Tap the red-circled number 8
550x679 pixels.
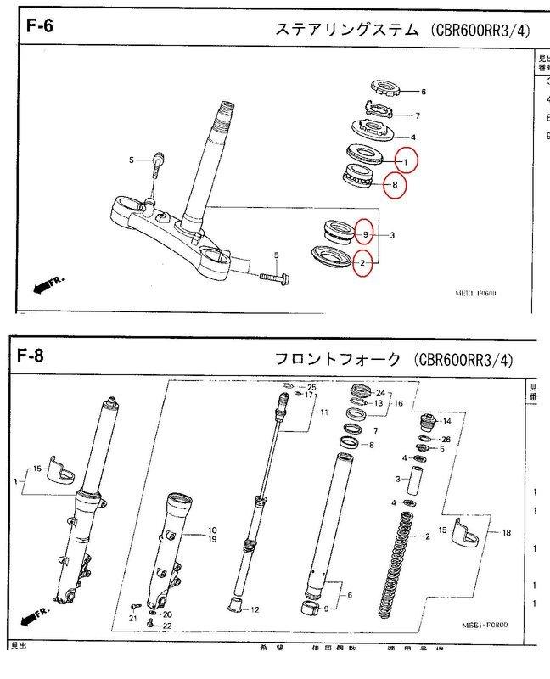click(x=394, y=184)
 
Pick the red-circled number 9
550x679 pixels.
click(x=365, y=233)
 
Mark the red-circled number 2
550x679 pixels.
click(x=362, y=263)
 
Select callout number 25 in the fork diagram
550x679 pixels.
click(x=311, y=387)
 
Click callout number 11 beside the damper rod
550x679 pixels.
click(x=323, y=412)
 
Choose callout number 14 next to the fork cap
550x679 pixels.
click(x=446, y=421)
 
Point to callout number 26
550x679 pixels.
click(x=446, y=439)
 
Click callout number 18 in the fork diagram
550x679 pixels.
click(x=508, y=533)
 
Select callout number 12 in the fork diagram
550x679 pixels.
click(x=255, y=609)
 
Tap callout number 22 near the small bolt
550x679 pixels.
click(x=167, y=626)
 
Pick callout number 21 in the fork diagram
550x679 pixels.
click(x=132, y=619)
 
